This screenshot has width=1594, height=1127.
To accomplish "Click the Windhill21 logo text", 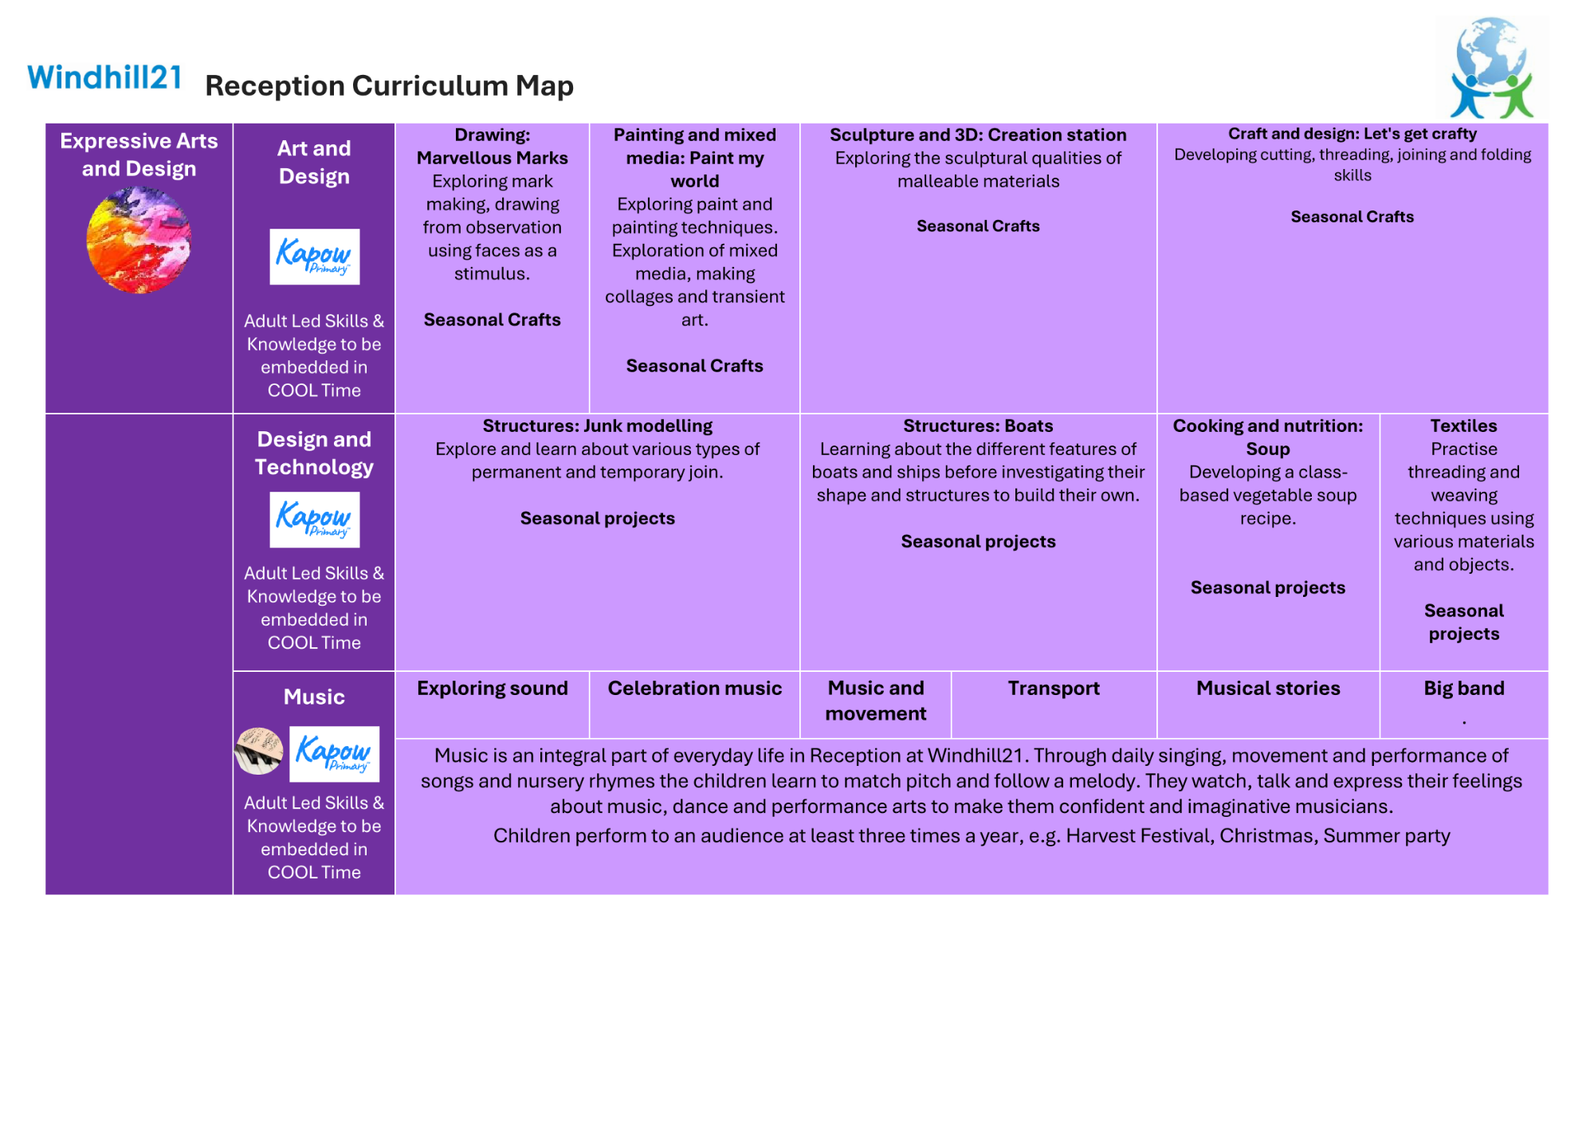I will (104, 78).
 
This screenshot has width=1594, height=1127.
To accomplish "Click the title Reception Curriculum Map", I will (389, 86).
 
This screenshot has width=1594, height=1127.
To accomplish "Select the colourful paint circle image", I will (139, 239).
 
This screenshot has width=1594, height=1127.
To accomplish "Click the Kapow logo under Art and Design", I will (314, 257).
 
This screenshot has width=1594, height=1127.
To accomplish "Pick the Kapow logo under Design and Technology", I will (314, 520).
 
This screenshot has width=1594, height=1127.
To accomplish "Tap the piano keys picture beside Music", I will (258, 751).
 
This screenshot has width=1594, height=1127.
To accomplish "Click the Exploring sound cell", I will (493, 689).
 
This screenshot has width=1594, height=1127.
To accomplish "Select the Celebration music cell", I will (694, 689).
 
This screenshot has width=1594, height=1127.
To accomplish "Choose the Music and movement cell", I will (875, 701).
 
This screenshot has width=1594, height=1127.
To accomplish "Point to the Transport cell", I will (1054, 689).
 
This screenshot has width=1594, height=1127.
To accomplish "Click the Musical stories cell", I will (1268, 689).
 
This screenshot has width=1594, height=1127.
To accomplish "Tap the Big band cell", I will (1464, 689).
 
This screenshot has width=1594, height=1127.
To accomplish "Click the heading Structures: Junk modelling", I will (597, 426).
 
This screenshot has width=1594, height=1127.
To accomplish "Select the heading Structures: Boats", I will (978, 426).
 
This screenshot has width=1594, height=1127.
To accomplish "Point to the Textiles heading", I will (1463, 426).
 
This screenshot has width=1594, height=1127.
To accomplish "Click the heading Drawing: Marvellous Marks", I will (493, 147).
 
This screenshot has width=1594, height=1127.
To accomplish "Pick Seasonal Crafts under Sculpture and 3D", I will (978, 226).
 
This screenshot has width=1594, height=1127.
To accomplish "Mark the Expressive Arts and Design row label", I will (139, 155).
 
